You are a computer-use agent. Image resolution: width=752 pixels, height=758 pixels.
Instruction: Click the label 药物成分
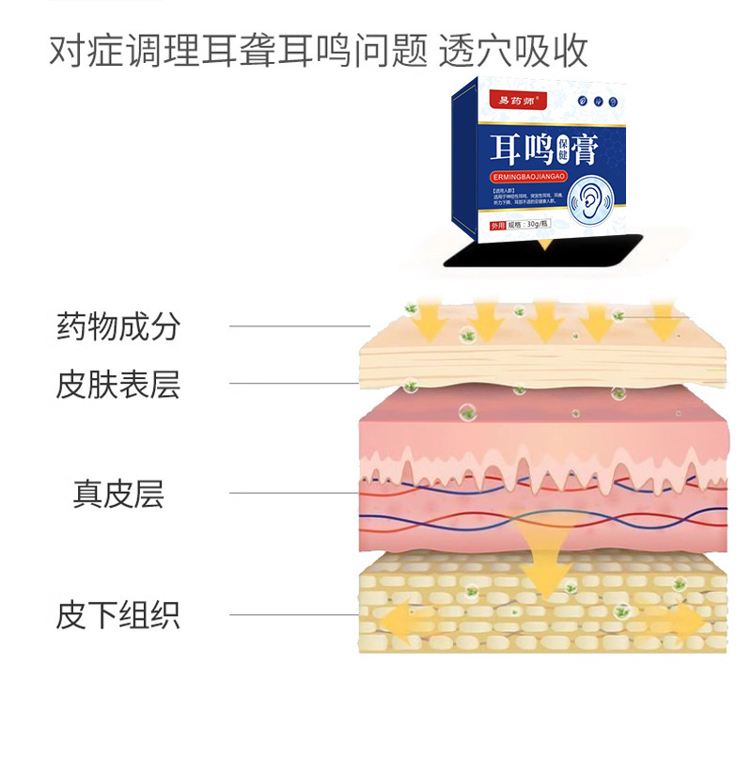(x=117, y=327)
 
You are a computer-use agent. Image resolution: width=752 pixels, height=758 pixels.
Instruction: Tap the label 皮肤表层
(x=117, y=384)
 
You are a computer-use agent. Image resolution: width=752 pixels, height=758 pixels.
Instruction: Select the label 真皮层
(x=118, y=493)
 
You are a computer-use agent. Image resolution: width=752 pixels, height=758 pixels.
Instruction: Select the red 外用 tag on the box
(x=495, y=226)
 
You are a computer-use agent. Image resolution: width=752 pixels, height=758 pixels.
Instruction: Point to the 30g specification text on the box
(x=536, y=226)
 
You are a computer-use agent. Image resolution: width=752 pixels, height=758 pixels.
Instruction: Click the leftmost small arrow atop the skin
(x=431, y=320)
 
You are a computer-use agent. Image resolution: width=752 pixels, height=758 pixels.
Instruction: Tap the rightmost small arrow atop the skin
(x=662, y=320)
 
